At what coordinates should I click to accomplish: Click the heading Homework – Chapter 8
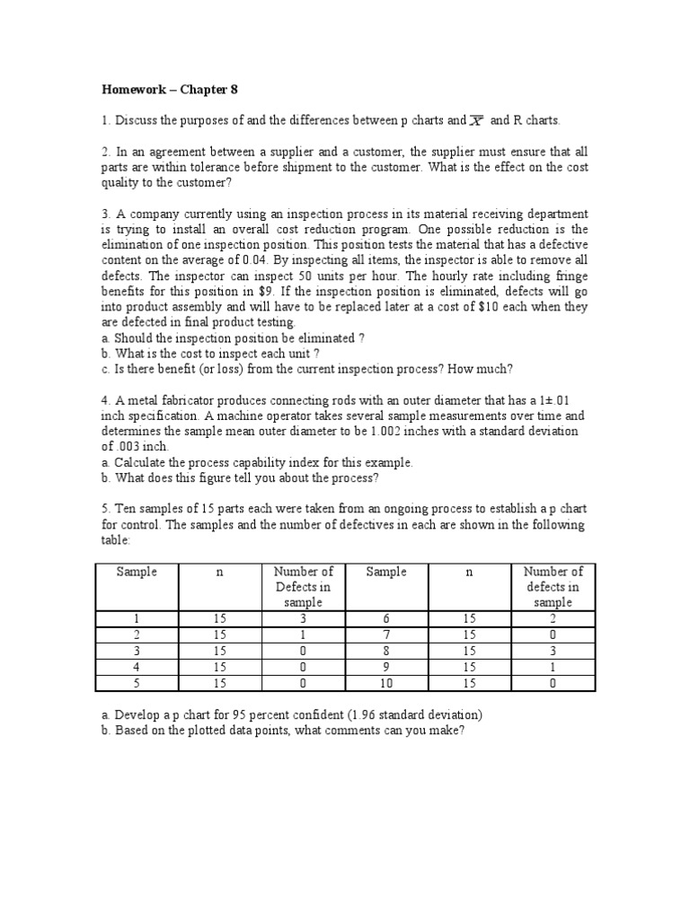pos(168,90)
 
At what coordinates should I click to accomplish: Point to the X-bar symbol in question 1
pos(478,119)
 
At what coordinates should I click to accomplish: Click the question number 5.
pos(104,509)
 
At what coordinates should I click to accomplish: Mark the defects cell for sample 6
pos(553,619)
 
